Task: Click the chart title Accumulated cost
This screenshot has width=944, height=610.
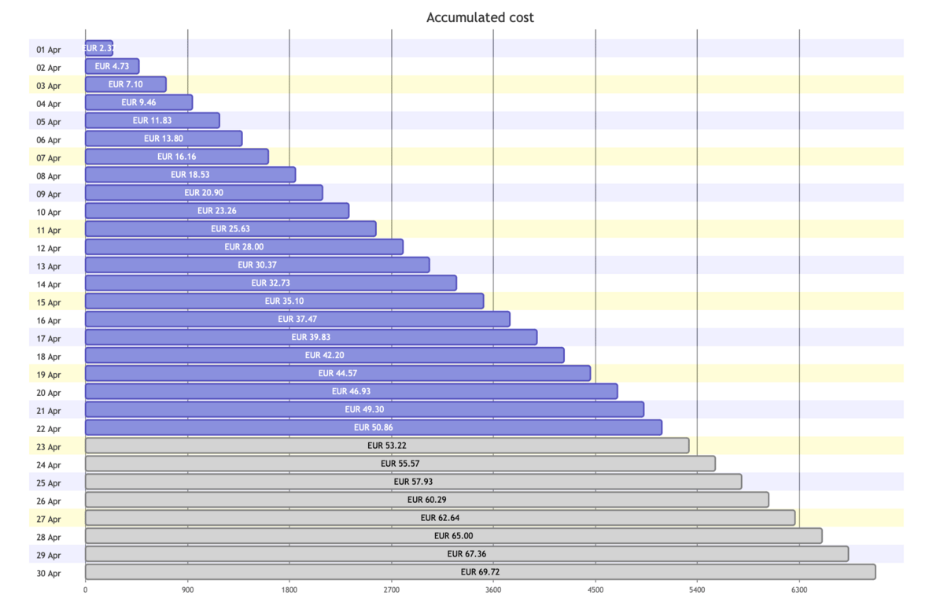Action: [x=480, y=17]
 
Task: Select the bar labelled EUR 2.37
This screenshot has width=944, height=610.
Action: [x=98, y=48]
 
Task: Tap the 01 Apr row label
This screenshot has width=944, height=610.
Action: [x=49, y=50]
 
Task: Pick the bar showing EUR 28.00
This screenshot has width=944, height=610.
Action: [x=244, y=247]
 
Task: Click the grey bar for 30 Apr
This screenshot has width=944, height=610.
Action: [x=480, y=572]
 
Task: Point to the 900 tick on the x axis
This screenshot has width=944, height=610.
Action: [x=188, y=589]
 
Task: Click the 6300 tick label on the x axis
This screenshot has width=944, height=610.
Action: [x=799, y=589]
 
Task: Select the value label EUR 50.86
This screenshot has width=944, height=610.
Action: [x=373, y=427]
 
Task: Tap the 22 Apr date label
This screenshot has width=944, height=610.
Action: [x=49, y=429]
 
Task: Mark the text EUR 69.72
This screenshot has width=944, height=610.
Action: [x=480, y=572]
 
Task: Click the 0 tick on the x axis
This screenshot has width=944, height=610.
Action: [x=86, y=589]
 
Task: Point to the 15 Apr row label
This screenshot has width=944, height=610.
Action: [x=49, y=302]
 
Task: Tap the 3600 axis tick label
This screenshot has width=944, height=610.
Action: [x=493, y=589]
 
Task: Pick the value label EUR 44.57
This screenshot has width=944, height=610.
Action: [x=337, y=373]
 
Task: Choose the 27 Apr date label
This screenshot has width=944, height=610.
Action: [x=49, y=519]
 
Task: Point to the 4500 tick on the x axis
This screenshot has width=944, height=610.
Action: [x=596, y=589]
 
